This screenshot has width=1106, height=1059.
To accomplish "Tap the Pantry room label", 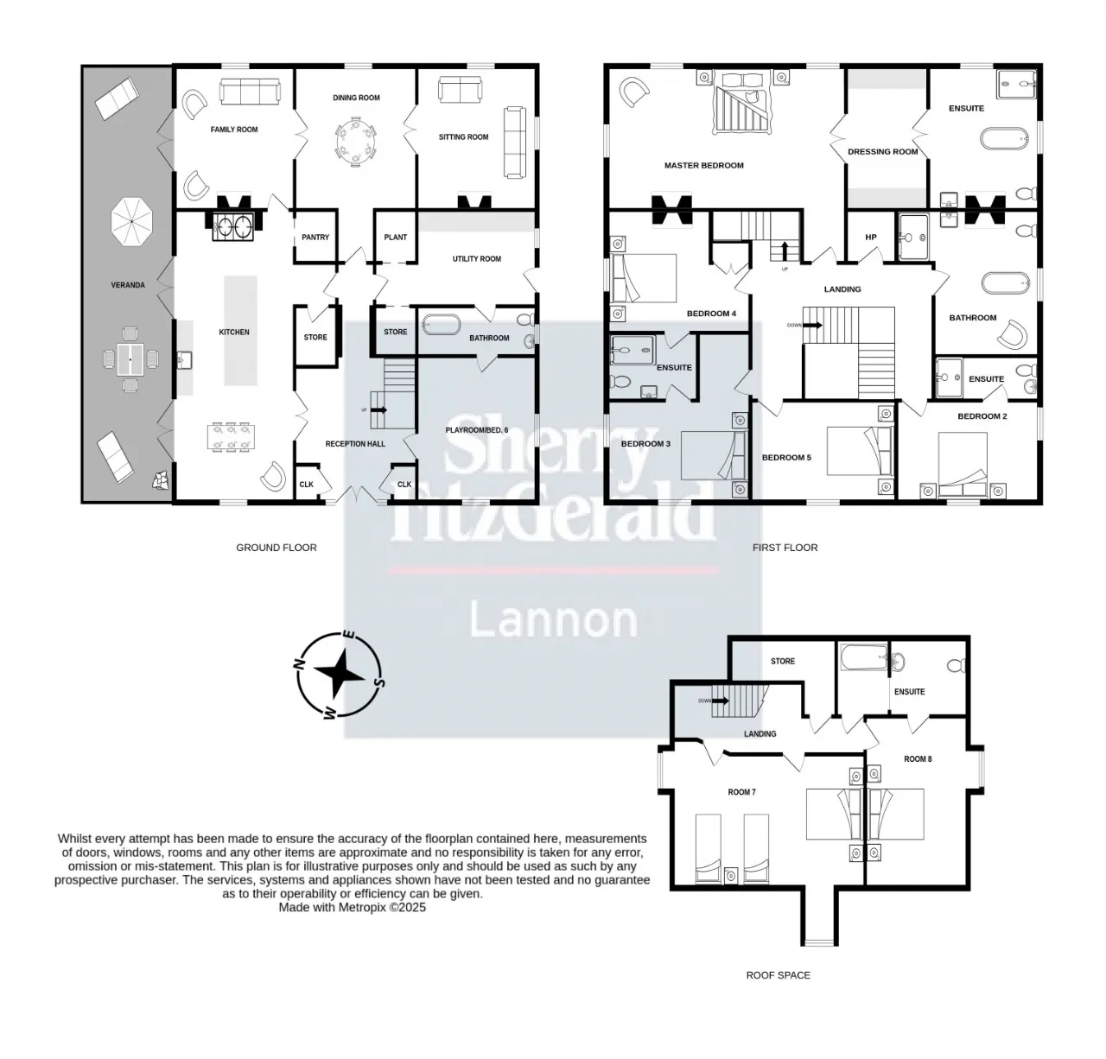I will point(315,238).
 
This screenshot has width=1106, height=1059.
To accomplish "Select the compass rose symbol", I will point(340,675).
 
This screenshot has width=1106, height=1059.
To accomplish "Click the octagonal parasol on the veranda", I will point(131,221).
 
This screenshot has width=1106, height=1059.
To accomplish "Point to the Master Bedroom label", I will point(703,165).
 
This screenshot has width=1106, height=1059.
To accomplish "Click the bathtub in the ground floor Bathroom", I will point(442,326).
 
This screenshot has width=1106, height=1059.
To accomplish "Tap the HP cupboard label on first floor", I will point(870,238).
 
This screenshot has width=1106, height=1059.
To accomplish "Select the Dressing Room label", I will point(882,151).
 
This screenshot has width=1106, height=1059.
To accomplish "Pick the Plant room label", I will point(395,238).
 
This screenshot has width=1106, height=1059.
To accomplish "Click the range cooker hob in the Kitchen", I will point(232,227).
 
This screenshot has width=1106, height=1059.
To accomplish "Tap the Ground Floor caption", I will point(276,548).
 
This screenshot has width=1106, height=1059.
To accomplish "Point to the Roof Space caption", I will point(778,975).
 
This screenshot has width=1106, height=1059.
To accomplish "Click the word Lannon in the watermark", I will point(553,620).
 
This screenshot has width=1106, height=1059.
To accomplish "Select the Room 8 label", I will point(918,759).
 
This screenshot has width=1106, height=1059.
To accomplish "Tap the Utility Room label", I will point(477,258).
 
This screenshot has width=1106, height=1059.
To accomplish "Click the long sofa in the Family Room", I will point(250,92).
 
